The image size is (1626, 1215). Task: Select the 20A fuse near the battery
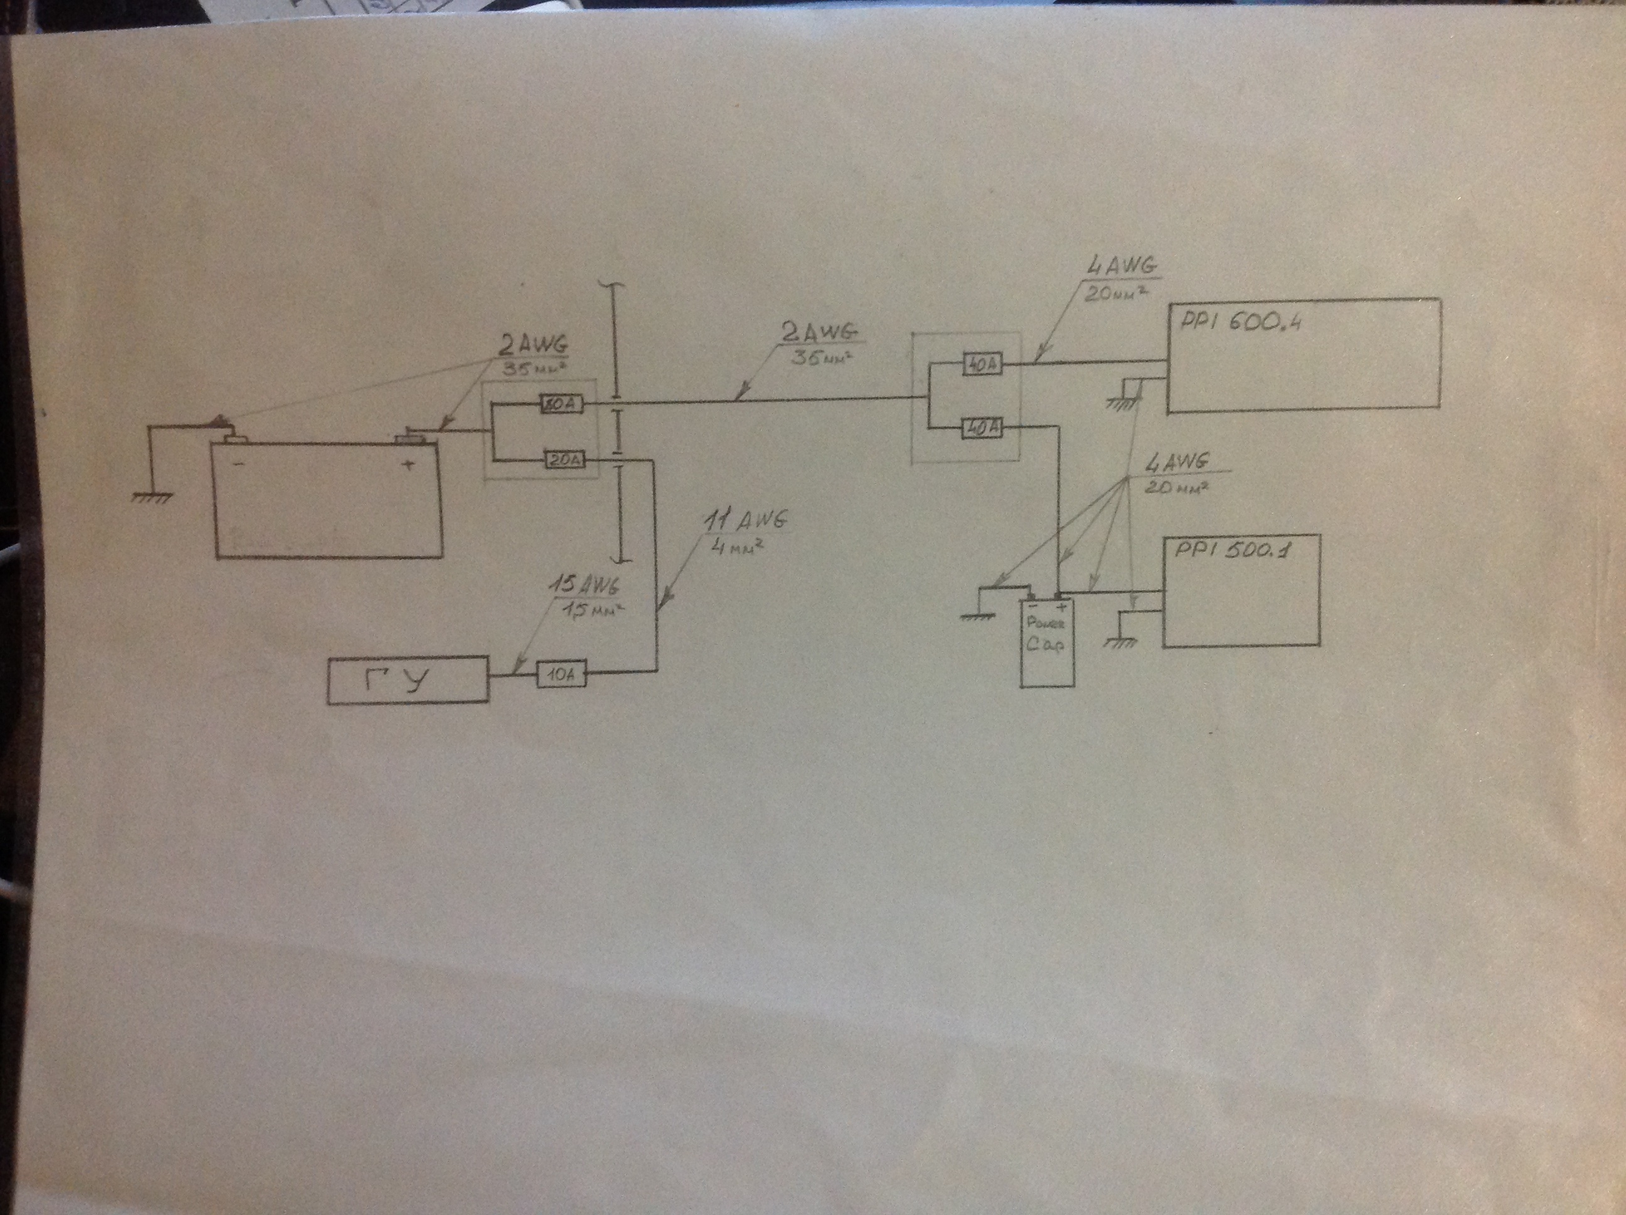(565, 461)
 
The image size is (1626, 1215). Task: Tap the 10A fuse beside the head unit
(561, 673)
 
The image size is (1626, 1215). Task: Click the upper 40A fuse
(983, 364)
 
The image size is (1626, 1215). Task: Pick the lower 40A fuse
(983, 427)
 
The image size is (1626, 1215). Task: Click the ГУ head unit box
(408, 680)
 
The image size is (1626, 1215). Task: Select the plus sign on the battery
(409, 464)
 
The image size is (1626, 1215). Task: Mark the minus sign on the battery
(238, 464)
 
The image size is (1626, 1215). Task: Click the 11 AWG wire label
(745, 520)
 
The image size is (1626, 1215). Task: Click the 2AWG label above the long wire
(818, 333)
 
